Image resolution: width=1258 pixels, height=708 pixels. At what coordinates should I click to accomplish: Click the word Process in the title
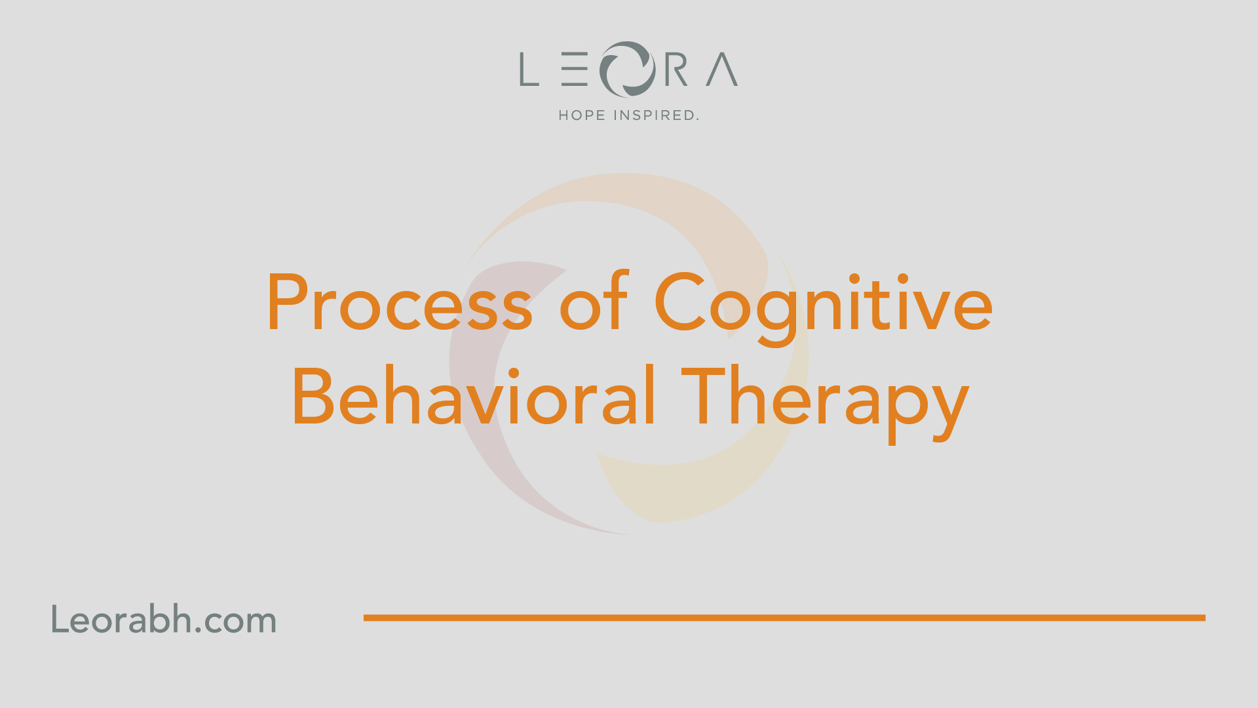[400, 302]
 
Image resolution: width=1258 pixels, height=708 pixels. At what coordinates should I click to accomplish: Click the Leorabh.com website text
[164, 619]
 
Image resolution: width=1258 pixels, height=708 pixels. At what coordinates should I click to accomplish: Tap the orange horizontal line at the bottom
[784, 618]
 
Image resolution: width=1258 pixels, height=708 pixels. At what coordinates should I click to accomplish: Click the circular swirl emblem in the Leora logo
[627, 69]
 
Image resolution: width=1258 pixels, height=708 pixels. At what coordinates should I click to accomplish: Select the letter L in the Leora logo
[529, 69]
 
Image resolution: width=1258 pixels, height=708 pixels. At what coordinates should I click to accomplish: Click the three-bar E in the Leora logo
[575, 69]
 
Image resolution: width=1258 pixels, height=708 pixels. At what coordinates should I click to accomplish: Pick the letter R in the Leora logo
[676, 69]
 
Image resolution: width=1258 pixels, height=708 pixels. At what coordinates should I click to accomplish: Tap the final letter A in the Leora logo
[722, 69]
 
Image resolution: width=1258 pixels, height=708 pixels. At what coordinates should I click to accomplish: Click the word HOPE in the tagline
[582, 115]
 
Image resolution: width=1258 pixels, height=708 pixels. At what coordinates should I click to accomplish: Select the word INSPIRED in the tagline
[656, 115]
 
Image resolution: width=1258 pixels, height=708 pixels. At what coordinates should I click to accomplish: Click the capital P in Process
[288, 302]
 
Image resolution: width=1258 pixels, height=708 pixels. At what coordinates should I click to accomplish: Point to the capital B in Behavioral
[313, 396]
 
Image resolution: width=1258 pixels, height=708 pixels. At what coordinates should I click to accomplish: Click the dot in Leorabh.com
[198, 631]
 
